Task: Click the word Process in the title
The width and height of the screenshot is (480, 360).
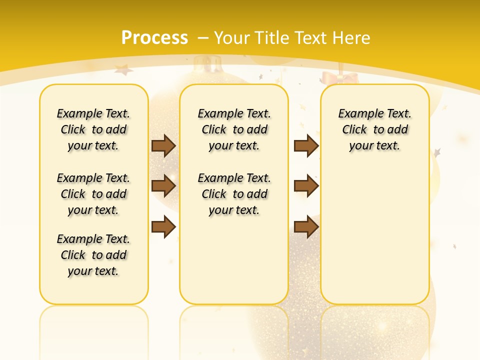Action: pyautogui.click(x=154, y=38)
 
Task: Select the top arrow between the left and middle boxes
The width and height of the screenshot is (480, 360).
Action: pyautogui.click(x=163, y=145)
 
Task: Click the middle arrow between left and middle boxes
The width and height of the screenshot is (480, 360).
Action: pyautogui.click(x=163, y=186)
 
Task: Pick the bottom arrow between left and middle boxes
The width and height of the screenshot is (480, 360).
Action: pyautogui.click(x=163, y=227)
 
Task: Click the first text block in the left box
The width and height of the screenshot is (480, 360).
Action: pyautogui.click(x=93, y=129)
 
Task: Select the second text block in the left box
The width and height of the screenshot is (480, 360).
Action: pyautogui.click(x=93, y=194)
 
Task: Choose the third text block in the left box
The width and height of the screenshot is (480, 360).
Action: pyautogui.click(x=93, y=255)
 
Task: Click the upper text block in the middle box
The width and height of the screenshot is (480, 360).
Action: pyautogui.click(x=234, y=129)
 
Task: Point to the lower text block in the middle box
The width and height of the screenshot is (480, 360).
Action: pyautogui.click(x=234, y=194)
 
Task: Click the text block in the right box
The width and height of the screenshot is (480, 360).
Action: pyautogui.click(x=374, y=129)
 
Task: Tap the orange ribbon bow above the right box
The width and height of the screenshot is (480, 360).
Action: pyautogui.click(x=340, y=78)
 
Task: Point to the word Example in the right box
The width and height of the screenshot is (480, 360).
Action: pyautogui.click(x=357, y=114)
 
